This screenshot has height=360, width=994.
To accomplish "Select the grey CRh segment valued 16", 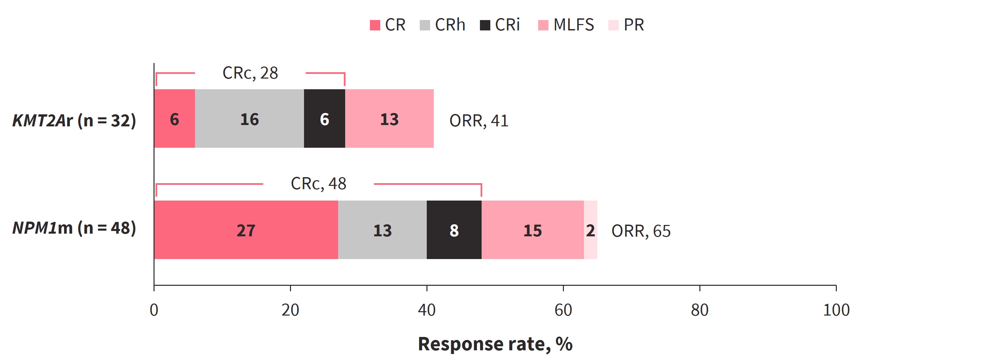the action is click(x=250, y=118).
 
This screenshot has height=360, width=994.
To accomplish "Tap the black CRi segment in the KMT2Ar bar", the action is click(x=324, y=118).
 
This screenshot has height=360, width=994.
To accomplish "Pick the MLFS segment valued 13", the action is click(x=389, y=118).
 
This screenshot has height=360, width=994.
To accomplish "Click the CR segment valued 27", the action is click(x=246, y=230).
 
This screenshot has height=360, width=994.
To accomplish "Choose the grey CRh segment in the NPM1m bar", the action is click(x=382, y=230).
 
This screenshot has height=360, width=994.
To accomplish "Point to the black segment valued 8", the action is click(x=454, y=230).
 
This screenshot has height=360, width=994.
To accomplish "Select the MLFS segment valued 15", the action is click(x=532, y=230).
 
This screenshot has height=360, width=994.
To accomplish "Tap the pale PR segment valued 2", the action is click(x=591, y=230).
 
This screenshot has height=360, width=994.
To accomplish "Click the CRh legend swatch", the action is click(x=425, y=25).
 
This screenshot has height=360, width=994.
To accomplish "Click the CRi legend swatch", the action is click(x=485, y=25).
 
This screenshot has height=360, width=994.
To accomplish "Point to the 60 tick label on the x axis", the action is click(x=563, y=310).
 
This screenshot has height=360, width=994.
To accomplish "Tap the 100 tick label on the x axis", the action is click(x=836, y=310).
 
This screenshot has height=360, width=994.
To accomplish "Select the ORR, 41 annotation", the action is click(x=479, y=121).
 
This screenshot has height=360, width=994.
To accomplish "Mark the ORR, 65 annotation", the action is click(x=641, y=231).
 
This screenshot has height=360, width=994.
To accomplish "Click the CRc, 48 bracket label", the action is click(x=318, y=184).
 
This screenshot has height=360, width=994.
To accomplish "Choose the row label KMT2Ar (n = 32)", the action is click(x=74, y=120).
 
